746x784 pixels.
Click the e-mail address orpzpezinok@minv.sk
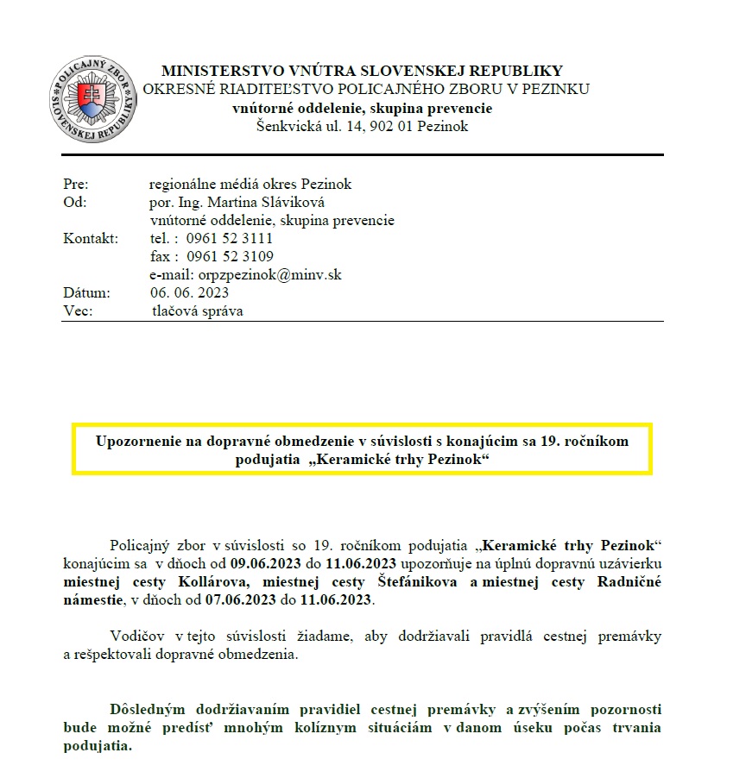coord(276,274)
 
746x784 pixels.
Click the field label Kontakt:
coord(91,238)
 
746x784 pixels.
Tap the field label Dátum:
coord(86,292)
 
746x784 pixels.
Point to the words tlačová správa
coord(198,310)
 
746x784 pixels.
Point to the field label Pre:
coord(76,184)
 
